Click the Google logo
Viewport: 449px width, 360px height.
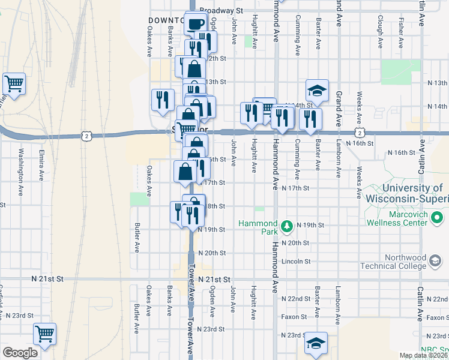point(20,353)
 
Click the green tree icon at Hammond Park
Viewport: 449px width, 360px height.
point(288,225)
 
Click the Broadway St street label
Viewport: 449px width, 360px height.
point(220,11)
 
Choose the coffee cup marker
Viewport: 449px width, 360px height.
point(196,24)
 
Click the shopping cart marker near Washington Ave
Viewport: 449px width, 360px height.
point(14,83)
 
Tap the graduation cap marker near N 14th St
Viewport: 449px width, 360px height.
point(317,91)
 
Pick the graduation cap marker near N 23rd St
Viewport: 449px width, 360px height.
point(316,343)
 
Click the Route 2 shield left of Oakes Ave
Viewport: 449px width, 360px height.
point(88,136)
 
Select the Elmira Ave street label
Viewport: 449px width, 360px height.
point(43,162)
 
